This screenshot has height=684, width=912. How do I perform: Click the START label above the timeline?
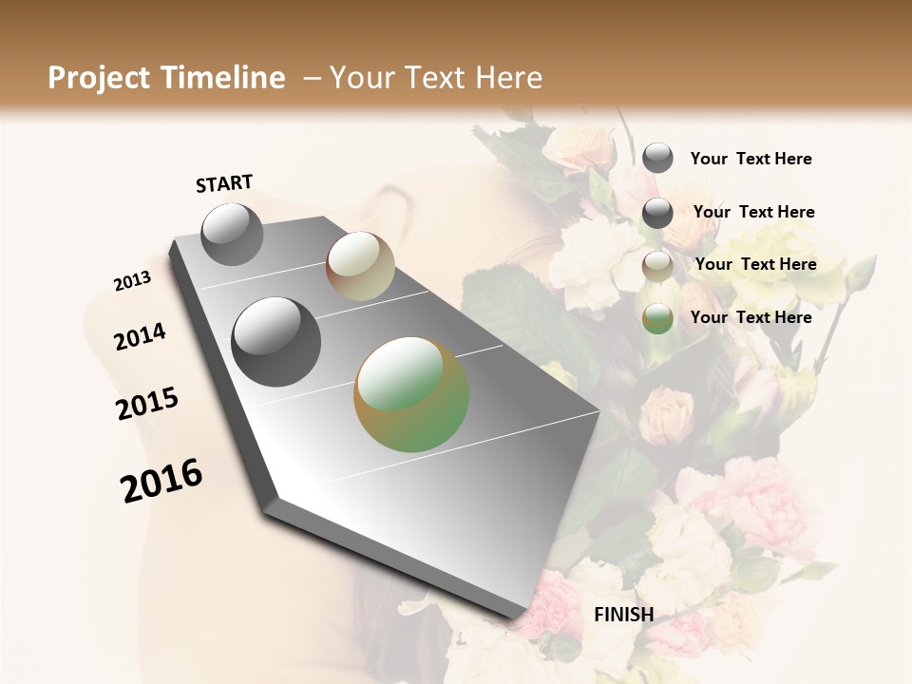[224, 183]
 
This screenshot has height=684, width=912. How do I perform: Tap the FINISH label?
[623, 615]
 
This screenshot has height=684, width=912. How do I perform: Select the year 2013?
[132, 281]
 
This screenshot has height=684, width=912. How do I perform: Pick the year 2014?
[141, 336]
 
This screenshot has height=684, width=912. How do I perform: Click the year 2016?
[161, 481]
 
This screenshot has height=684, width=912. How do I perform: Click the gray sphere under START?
[232, 234]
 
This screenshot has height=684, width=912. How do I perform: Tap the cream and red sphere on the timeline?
[360, 266]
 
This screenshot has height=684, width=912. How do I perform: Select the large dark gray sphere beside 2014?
[275, 342]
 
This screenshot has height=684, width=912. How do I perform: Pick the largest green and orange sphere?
[411, 394]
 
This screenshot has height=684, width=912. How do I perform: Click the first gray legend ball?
[657, 158]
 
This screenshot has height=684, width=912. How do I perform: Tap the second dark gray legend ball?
[657, 213]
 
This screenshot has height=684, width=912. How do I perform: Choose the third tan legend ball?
[657, 266]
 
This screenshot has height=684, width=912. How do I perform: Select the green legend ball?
[657, 318]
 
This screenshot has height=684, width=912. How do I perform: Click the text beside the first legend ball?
[750, 160]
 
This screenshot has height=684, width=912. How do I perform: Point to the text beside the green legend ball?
[750, 317]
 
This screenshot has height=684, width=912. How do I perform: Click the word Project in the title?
[98, 78]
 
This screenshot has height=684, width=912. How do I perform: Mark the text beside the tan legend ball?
[755, 264]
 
